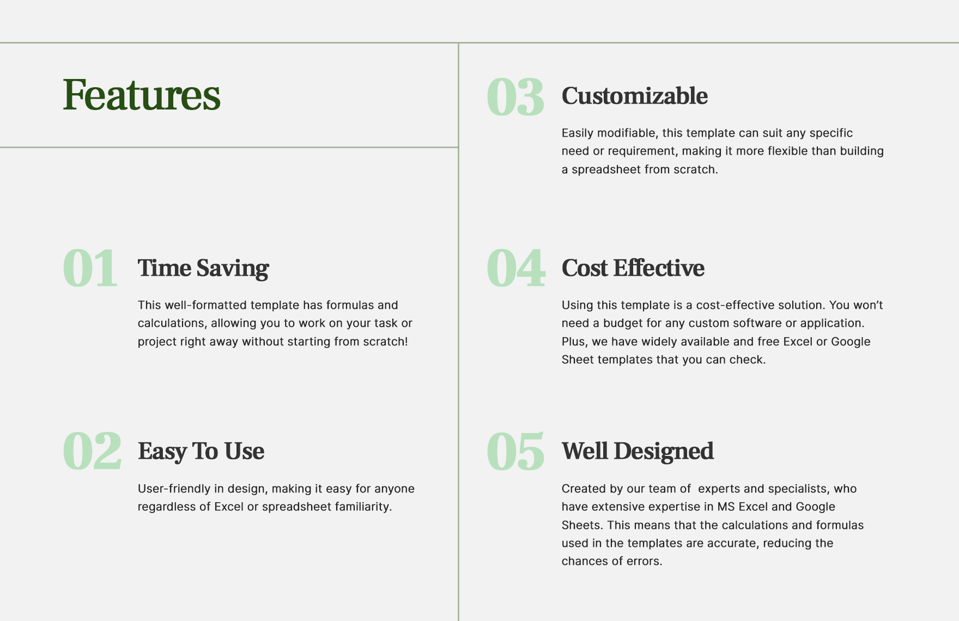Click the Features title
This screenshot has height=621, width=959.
(142, 95)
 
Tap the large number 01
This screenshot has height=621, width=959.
(90, 268)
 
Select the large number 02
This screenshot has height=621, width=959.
(92, 451)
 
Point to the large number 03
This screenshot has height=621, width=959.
(515, 97)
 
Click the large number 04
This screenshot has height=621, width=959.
(515, 268)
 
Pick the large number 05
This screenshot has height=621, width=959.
(515, 451)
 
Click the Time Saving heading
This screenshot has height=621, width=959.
(203, 268)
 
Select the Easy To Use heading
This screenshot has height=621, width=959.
(201, 451)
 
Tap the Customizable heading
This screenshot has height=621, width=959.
(635, 96)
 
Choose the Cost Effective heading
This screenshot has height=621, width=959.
(633, 268)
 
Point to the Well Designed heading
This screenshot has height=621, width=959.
(638, 451)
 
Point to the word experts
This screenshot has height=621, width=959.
(718, 489)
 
